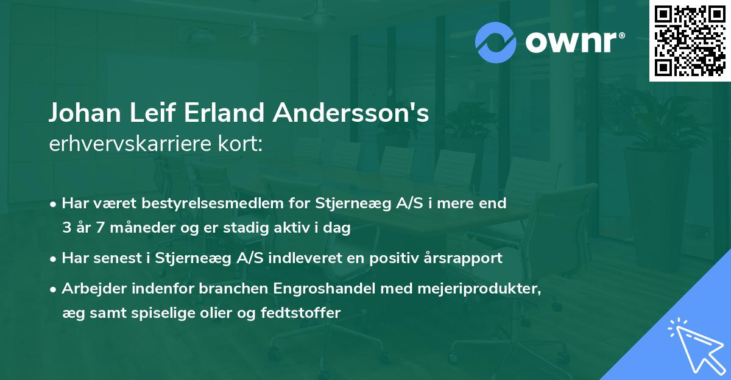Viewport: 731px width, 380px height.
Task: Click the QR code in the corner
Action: tap(690, 40)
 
